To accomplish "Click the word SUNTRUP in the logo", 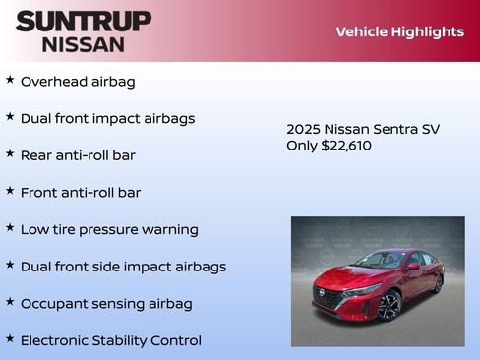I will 84,21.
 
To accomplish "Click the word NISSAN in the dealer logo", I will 84,44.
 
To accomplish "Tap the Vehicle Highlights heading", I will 399,31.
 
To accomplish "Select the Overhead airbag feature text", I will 78,81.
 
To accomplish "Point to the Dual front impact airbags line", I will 107,118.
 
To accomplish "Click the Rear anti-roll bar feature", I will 78,155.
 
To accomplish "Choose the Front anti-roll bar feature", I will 81,192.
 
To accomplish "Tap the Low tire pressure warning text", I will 109,229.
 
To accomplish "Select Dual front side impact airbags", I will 123,267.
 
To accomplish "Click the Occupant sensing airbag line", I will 106,303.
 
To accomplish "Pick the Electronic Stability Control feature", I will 110,340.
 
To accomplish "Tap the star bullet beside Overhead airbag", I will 10,79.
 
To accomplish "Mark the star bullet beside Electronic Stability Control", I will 10,338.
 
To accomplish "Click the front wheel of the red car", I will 390,306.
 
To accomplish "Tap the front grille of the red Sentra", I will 331,295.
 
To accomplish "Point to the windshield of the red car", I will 380,261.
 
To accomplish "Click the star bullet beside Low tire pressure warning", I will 10,227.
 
